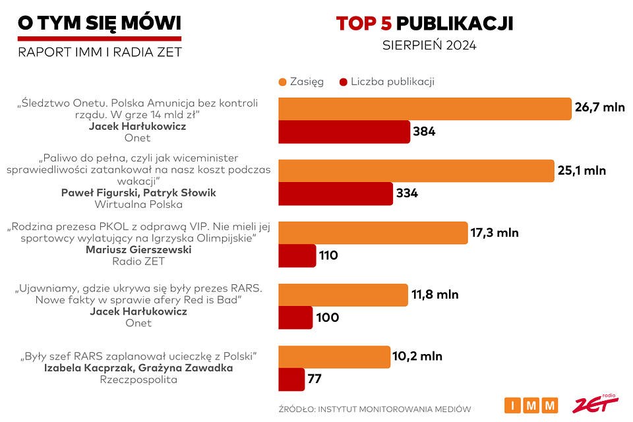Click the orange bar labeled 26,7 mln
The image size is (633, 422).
(x=425, y=109)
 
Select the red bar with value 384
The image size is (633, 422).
(x=344, y=132)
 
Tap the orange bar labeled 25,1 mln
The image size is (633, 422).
(x=416, y=171)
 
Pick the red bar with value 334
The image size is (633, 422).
(x=336, y=194)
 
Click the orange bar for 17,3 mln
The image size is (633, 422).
(x=373, y=233)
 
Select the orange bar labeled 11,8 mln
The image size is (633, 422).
(x=344, y=295)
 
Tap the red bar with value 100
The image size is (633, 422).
(x=295, y=317)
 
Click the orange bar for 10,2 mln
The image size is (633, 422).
(x=335, y=357)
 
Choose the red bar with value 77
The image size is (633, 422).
(x=291, y=379)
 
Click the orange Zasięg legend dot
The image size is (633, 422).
(x=283, y=82)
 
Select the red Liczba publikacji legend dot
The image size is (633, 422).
(x=342, y=82)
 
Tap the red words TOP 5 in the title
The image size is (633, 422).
(x=364, y=24)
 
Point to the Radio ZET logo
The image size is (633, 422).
(x=595, y=404)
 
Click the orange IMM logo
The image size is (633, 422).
(x=531, y=405)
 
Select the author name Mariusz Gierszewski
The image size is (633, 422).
(x=138, y=249)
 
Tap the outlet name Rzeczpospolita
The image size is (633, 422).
(x=138, y=380)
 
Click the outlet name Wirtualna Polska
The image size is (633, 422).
(x=138, y=204)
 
